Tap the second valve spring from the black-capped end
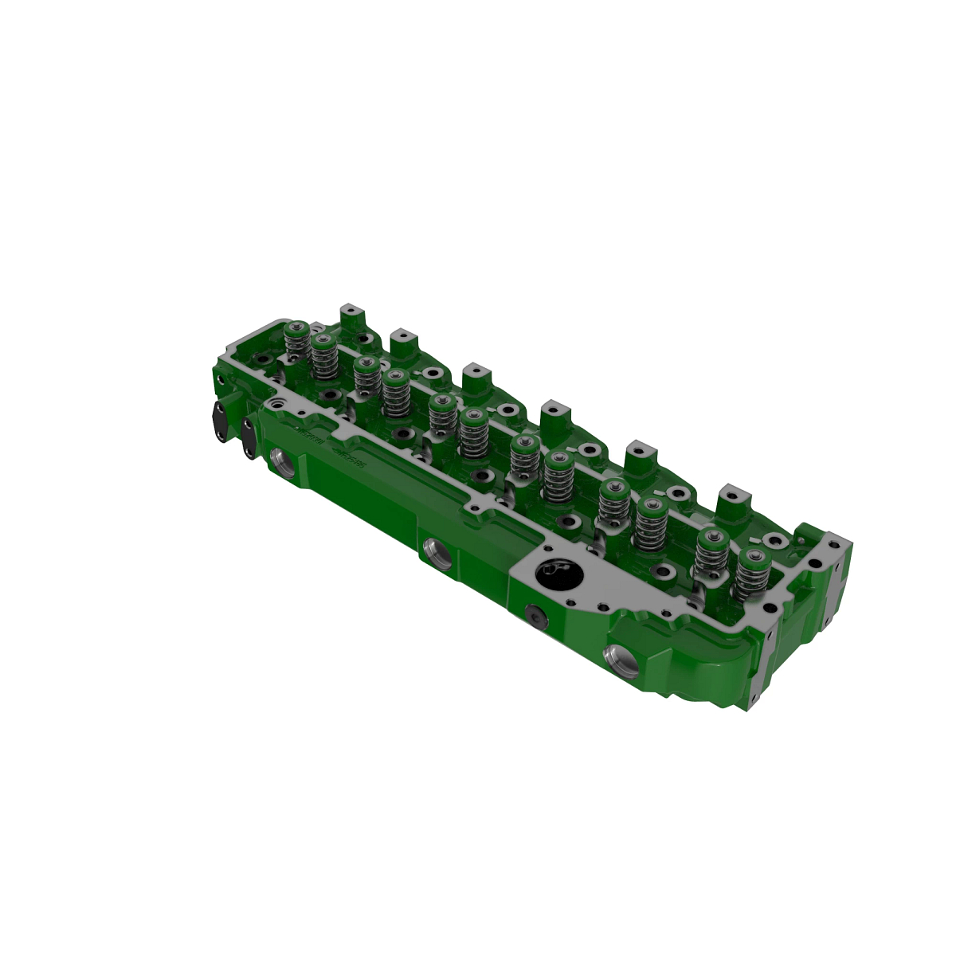(x=323, y=356)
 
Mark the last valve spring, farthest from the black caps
(x=750, y=574)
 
